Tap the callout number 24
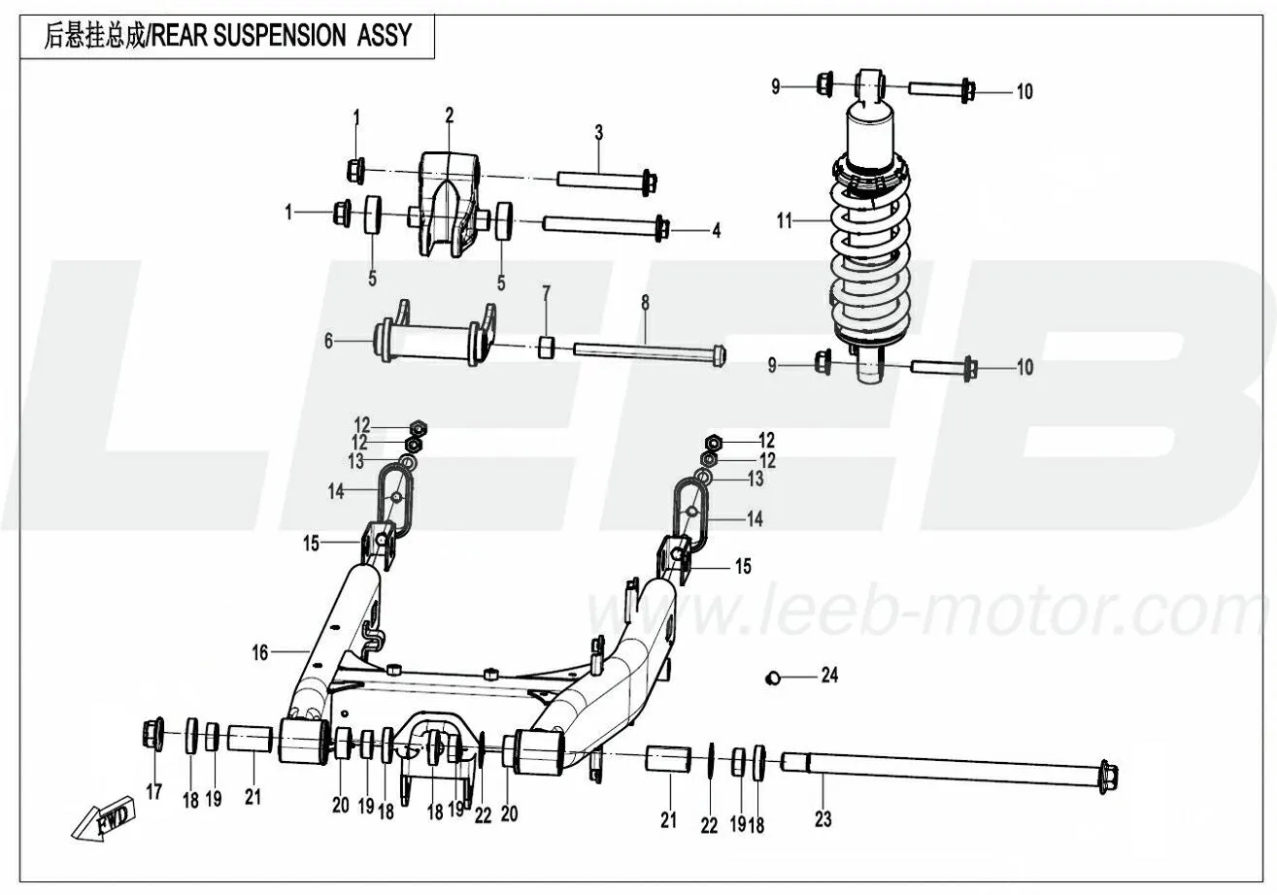(x=828, y=676)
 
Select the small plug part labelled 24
(x=774, y=677)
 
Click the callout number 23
(x=823, y=821)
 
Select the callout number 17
(x=153, y=792)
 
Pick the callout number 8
(x=644, y=302)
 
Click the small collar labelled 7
(x=547, y=346)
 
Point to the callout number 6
(x=328, y=341)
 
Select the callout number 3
(x=599, y=131)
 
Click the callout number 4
(x=716, y=231)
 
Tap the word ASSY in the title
(x=383, y=36)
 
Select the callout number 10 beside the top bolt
(x=1025, y=92)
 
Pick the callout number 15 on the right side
(x=743, y=566)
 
